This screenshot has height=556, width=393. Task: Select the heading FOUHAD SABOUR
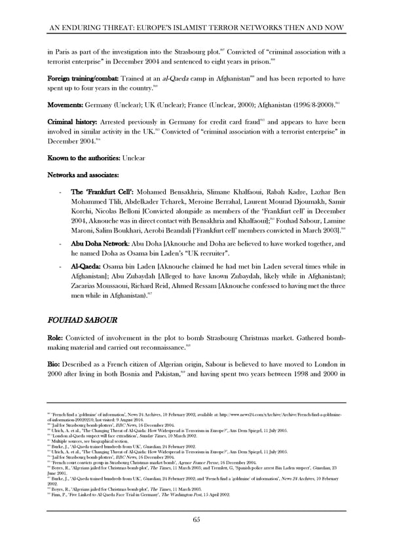(x=83, y=322)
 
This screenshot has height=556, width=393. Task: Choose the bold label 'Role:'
(x=57, y=341)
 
